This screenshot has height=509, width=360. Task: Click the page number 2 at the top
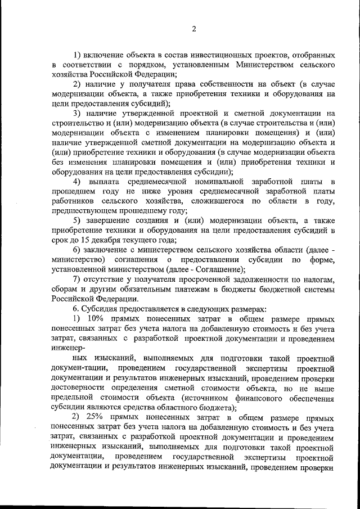tap(193, 29)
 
